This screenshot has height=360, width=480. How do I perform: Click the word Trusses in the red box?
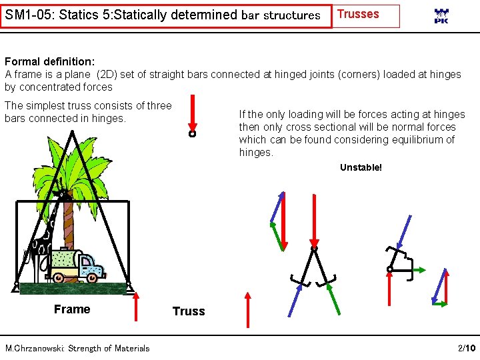pyautogui.click(x=358, y=14)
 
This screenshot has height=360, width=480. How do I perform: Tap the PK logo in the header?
pyautogui.click(x=441, y=17)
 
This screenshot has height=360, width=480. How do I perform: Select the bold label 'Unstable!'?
pyautogui.click(x=361, y=167)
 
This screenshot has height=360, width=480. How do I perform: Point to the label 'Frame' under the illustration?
pyautogui.click(x=72, y=309)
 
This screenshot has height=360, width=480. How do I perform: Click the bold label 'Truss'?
pyautogui.click(x=189, y=311)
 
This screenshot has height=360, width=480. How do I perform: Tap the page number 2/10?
pyautogui.click(x=467, y=348)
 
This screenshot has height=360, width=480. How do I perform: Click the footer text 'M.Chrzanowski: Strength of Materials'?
pyautogui.click(x=77, y=348)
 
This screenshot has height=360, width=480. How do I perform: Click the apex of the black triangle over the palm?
pyautogui.click(x=71, y=132)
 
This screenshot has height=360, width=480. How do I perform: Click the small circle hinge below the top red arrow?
pyautogui.click(x=192, y=134)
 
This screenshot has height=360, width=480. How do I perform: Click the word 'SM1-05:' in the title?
pyautogui.click(x=29, y=14)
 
